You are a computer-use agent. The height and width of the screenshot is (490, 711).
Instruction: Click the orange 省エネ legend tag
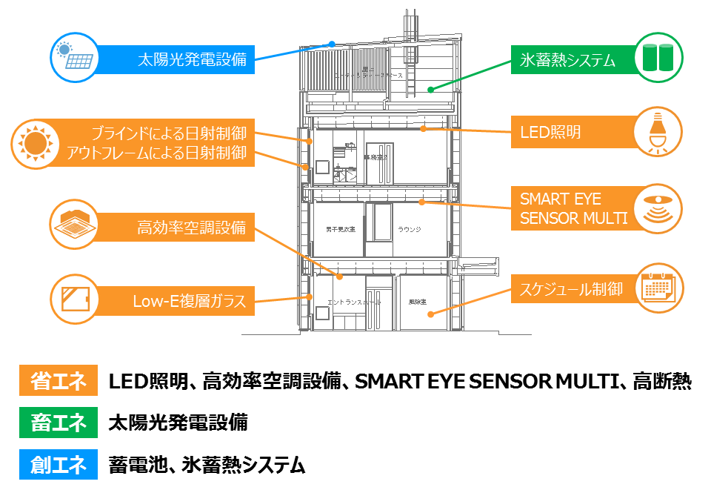tap(59, 382)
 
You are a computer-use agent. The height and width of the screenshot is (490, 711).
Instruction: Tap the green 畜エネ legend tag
tap(59, 423)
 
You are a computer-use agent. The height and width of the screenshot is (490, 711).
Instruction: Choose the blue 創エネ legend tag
tap(59, 465)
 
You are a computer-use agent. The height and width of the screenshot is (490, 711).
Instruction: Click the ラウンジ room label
tap(409, 230)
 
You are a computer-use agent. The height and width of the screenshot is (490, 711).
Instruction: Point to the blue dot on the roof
tap(333, 44)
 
